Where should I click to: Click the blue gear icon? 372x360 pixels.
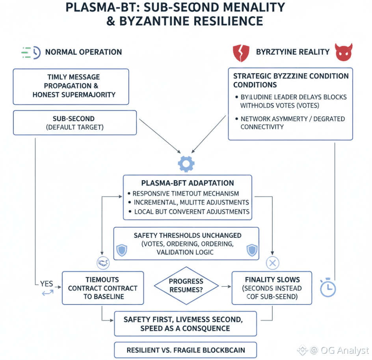tap(186, 163)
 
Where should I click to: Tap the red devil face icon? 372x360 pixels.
tap(343, 52)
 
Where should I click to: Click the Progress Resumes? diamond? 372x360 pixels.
tap(186, 286)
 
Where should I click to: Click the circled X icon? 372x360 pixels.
tap(272, 263)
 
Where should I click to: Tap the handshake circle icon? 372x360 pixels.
tap(102, 263)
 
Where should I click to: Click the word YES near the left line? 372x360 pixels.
tap(47, 284)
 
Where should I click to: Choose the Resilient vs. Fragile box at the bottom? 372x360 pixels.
tap(185, 350)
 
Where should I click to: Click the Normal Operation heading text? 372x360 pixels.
tap(84, 52)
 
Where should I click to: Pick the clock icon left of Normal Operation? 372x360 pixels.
tap(32, 52)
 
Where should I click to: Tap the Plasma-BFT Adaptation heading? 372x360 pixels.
tap(187, 183)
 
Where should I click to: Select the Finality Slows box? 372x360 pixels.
tap(272, 288)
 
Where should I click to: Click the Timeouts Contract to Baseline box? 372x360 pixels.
tap(102, 288)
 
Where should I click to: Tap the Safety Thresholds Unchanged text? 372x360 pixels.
tap(187, 235)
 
